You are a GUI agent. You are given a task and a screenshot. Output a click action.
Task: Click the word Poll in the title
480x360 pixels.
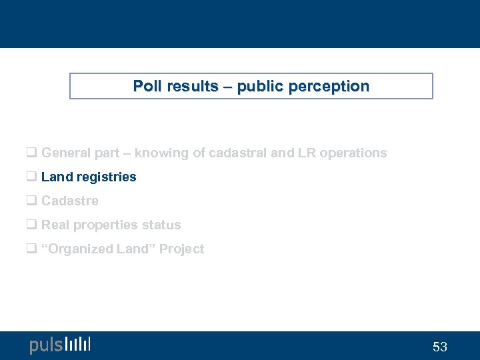point(146,86)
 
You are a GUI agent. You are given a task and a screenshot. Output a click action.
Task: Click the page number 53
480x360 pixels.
point(440,347)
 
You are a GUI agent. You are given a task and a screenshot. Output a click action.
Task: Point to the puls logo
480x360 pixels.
point(59,345)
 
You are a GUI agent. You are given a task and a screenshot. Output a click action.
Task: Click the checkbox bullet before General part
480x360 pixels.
point(31,153)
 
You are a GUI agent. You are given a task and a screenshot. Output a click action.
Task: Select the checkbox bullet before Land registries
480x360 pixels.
point(31,177)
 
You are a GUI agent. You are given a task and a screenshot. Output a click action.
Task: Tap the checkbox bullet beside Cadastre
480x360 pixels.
point(31,201)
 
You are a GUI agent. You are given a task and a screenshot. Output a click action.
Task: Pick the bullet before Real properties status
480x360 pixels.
point(31,225)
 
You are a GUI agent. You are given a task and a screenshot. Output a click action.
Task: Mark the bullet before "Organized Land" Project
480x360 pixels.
point(31,249)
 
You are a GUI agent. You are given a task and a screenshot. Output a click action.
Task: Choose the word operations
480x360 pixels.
point(353,153)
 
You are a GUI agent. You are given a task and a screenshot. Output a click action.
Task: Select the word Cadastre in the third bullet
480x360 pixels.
point(70,201)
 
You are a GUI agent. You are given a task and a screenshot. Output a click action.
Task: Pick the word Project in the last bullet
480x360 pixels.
point(182,249)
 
